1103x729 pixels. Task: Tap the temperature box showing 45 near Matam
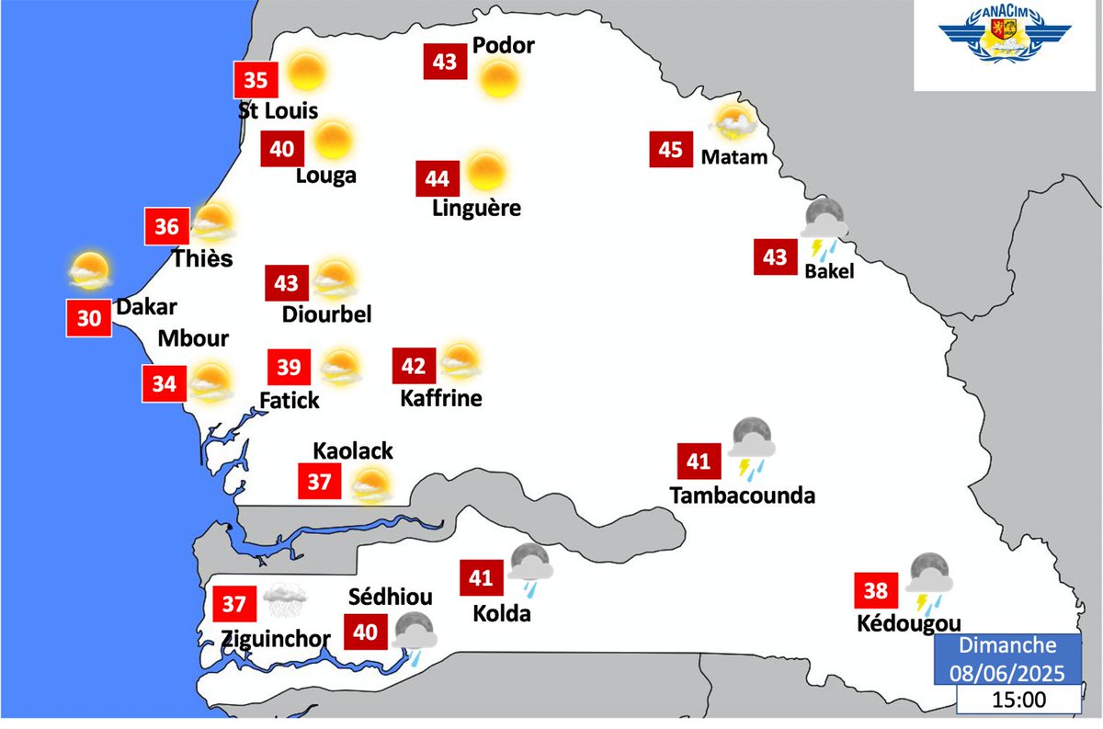(x=671, y=150)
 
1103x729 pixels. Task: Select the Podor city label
(x=503, y=46)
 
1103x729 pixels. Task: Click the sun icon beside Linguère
(x=485, y=171)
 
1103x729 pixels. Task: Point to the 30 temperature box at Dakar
(x=89, y=318)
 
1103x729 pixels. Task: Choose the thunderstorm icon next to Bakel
(x=824, y=226)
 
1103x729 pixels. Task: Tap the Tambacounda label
(x=743, y=495)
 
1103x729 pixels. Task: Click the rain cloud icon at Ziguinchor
(x=286, y=602)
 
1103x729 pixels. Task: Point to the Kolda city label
(x=501, y=613)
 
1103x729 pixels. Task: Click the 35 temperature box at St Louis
(x=256, y=80)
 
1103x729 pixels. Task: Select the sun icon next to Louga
(x=333, y=140)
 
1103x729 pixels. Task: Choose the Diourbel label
(x=327, y=313)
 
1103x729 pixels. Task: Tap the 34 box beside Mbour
(x=164, y=383)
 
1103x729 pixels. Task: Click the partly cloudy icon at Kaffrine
(x=460, y=361)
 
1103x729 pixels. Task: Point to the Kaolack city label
(x=353, y=450)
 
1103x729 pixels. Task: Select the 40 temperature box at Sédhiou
(x=365, y=632)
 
